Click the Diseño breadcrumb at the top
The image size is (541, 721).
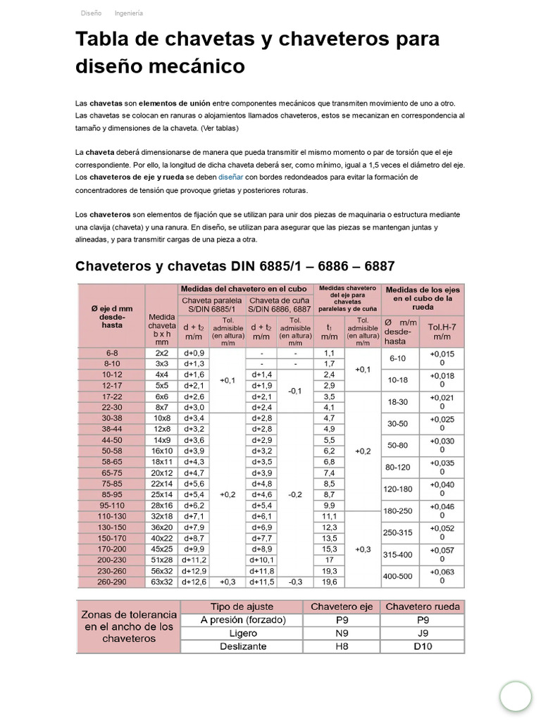pyautogui.click(x=91, y=13)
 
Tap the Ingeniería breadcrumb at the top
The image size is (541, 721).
pyautogui.click(x=128, y=13)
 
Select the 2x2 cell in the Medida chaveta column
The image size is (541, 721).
pyautogui.click(x=161, y=353)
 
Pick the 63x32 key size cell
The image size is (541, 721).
pyautogui.click(x=161, y=582)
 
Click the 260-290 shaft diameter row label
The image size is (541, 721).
pyautogui.click(x=112, y=582)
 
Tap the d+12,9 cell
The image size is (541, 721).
pyautogui.click(x=194, y=571)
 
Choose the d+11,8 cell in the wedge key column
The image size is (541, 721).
pyautogui.click(x=261, y=571)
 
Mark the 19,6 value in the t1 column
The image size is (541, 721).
pyautogui.click(x=329, y=582)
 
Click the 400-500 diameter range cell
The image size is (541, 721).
pyautogui.click(x=399, y=576)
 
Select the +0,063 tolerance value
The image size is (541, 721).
pyautogui.click(x=442, y=571)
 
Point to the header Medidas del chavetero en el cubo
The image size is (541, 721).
pyautogui.click(x=244, y=289)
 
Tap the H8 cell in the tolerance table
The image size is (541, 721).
pyautogui.click(x=342, y=646)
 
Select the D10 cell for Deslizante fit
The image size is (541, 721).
pyautogui.click(x=423, y=646)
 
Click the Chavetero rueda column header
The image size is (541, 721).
pyautogui.click(x=423, y=606)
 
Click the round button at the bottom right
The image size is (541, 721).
pyautogui.click(x=516, y=696)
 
